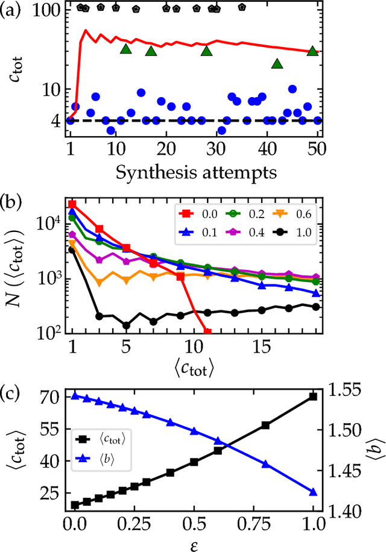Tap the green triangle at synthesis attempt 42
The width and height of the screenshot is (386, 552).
click(277, 63)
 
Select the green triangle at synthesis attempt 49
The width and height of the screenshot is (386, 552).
click(312, 51)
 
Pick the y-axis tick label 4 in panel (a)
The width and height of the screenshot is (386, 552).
click(54, 121)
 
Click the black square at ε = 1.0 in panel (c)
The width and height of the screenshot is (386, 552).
click(312, 396)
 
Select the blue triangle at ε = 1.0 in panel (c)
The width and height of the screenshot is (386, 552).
click(312, 492)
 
